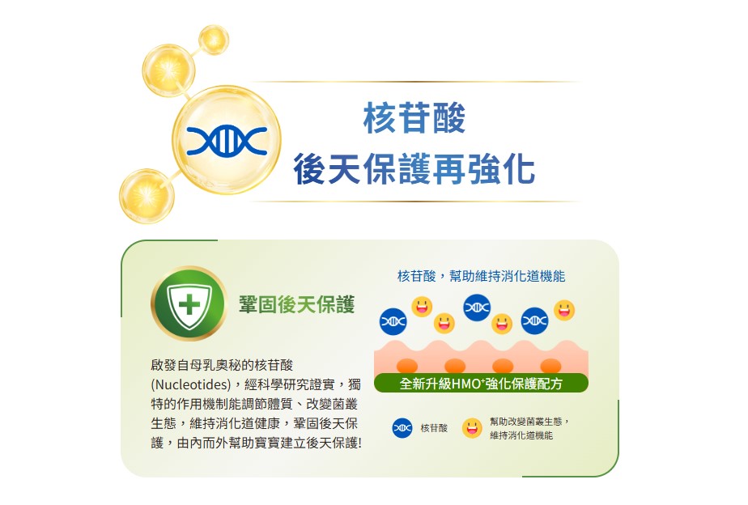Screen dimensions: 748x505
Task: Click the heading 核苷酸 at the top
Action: [414, 118]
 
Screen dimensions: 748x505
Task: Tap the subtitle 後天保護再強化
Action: [414, 168]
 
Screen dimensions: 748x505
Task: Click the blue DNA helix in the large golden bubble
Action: [227, 140]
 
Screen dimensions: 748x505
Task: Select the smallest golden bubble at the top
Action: [214, 39]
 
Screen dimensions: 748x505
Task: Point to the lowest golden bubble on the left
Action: [147, 196]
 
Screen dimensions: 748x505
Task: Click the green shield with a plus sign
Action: [189, 303]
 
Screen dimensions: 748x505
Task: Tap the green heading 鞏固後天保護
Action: [297, 304]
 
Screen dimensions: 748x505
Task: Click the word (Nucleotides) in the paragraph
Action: [190, 384]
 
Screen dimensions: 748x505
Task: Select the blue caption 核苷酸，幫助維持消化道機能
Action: [481, 276]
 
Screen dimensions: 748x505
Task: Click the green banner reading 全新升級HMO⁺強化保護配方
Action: [481, 383]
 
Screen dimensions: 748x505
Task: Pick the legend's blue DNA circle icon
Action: [402, 428]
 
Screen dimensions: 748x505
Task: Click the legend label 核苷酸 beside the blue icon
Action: [434, 428]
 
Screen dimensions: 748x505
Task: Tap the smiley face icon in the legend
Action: [472, 428]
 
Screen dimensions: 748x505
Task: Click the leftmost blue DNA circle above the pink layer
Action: [393, 321]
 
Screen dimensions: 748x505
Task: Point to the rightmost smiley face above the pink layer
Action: [564, 310]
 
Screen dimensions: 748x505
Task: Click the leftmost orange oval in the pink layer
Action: [407, 366]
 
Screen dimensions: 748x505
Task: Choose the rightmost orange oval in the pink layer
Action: [550, 366]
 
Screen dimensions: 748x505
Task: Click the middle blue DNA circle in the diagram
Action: [477, 308]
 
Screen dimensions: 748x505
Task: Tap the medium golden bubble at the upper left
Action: [168, 70]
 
